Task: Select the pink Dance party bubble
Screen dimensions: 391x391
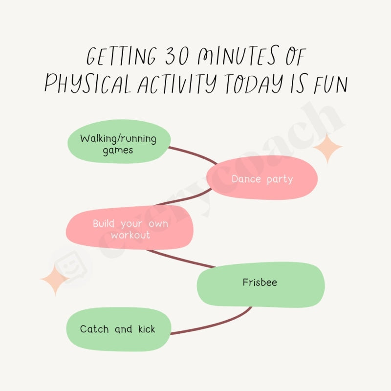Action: [x=262, y=178]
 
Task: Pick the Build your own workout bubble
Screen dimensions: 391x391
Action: [x=130, y=227]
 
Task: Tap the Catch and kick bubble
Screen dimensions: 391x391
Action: [x=117, y=329]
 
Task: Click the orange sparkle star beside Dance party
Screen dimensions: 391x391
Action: [x=327, y=147]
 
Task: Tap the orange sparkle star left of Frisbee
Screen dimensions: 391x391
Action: [x=55, y=280]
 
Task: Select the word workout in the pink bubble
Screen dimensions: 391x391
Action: [x=130, y=235]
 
